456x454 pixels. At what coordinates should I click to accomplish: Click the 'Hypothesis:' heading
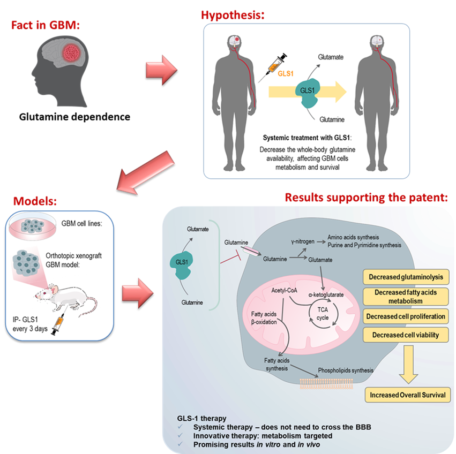point(233,15)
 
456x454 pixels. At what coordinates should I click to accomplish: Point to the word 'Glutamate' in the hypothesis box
point(331,56)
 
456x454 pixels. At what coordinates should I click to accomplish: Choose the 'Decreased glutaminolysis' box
point(406,277)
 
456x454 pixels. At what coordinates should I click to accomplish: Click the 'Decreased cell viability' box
point(406,335)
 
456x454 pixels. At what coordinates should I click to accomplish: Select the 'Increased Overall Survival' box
point(407,396)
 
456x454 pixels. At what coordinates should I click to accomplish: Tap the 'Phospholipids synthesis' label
point(346,370)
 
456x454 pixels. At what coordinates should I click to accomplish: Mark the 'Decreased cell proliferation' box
point(406,316)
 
